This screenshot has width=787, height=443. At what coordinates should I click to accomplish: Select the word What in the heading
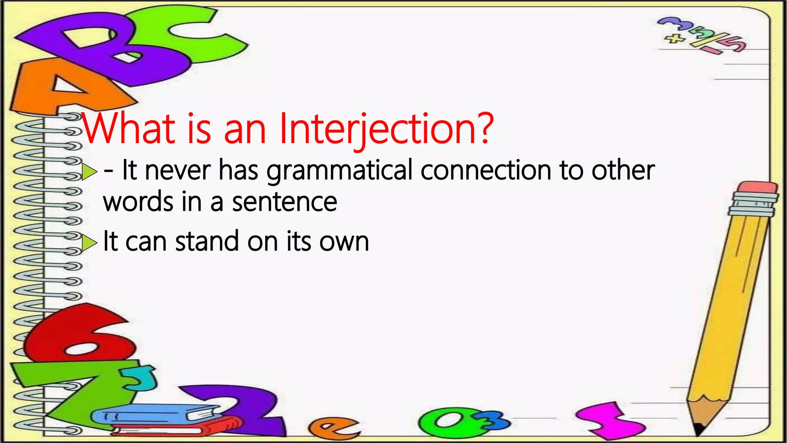click(x=128, y=129)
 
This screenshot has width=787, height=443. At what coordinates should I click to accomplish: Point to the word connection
click(x=486, y=170)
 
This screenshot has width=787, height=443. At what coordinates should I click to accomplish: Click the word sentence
click(x=284, y=202)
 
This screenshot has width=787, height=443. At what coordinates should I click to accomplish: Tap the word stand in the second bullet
click(x=207, y=242)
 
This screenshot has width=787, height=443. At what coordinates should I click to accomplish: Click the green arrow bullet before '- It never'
click(x=89, y=172)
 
